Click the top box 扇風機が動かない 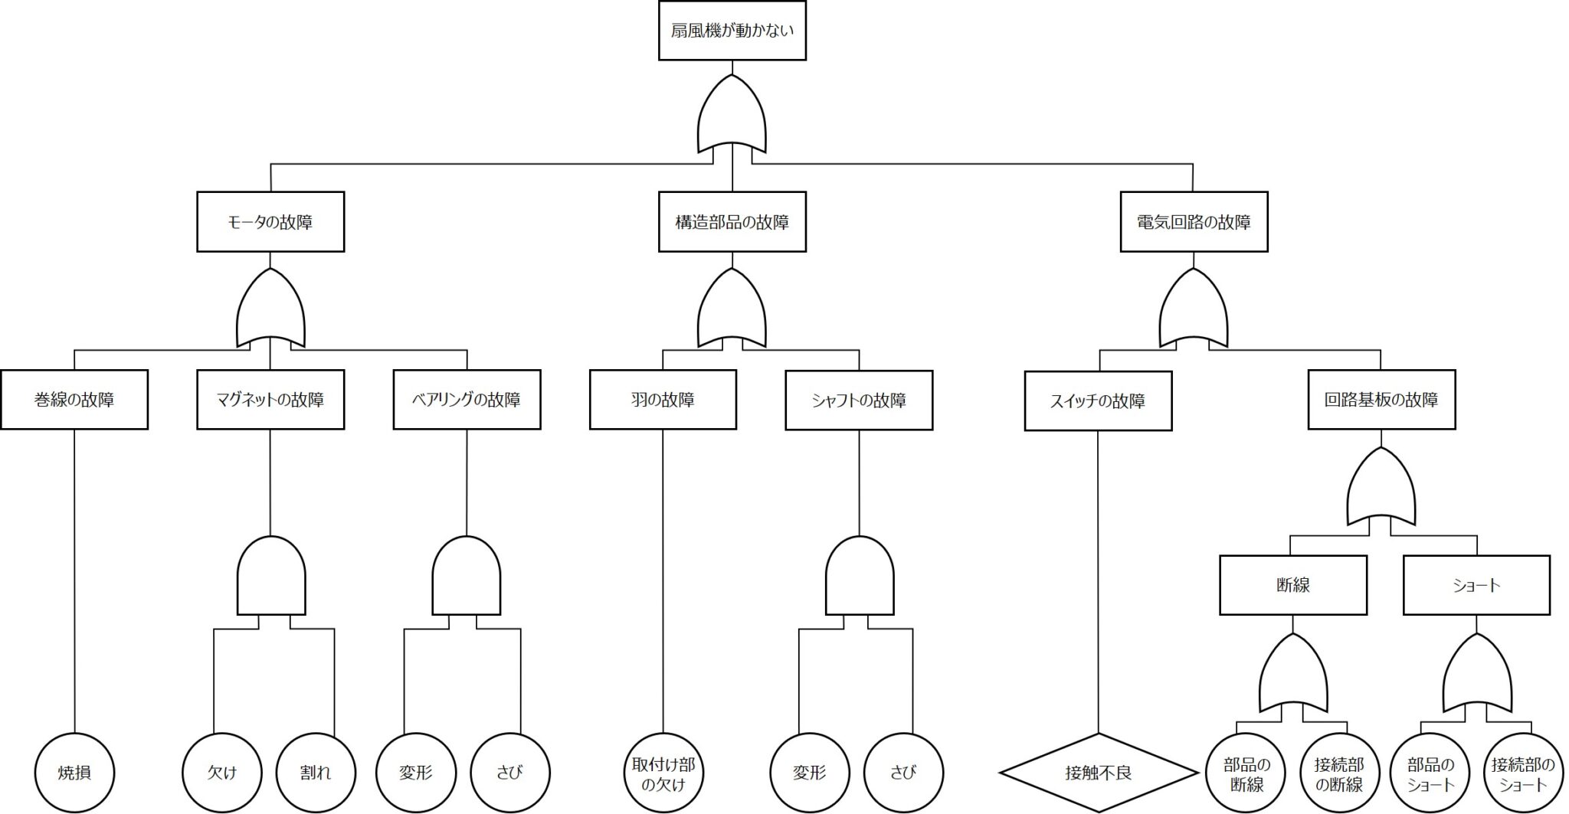tap(732, 31)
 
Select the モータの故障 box tap(270, 222)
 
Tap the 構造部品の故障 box tap(732, 222)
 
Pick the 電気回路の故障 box tap(1194, 222)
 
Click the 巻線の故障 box tap(74, 400)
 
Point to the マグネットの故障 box tap(270, 400)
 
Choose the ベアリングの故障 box tap(467, 400)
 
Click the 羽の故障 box tap(663, 400)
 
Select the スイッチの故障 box tap(1098, 401)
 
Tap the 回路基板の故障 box tap(1381, 400)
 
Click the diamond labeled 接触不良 tap(1098, 773)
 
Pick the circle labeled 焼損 tap(74, 773)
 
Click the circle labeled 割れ tap(315, 773)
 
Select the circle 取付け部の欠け tap(663, 773)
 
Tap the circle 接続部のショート tap(1522, 773)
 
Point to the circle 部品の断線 tap(1246, 773)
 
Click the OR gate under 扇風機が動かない tap(732, 115)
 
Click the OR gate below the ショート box tap(1477, 675)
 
